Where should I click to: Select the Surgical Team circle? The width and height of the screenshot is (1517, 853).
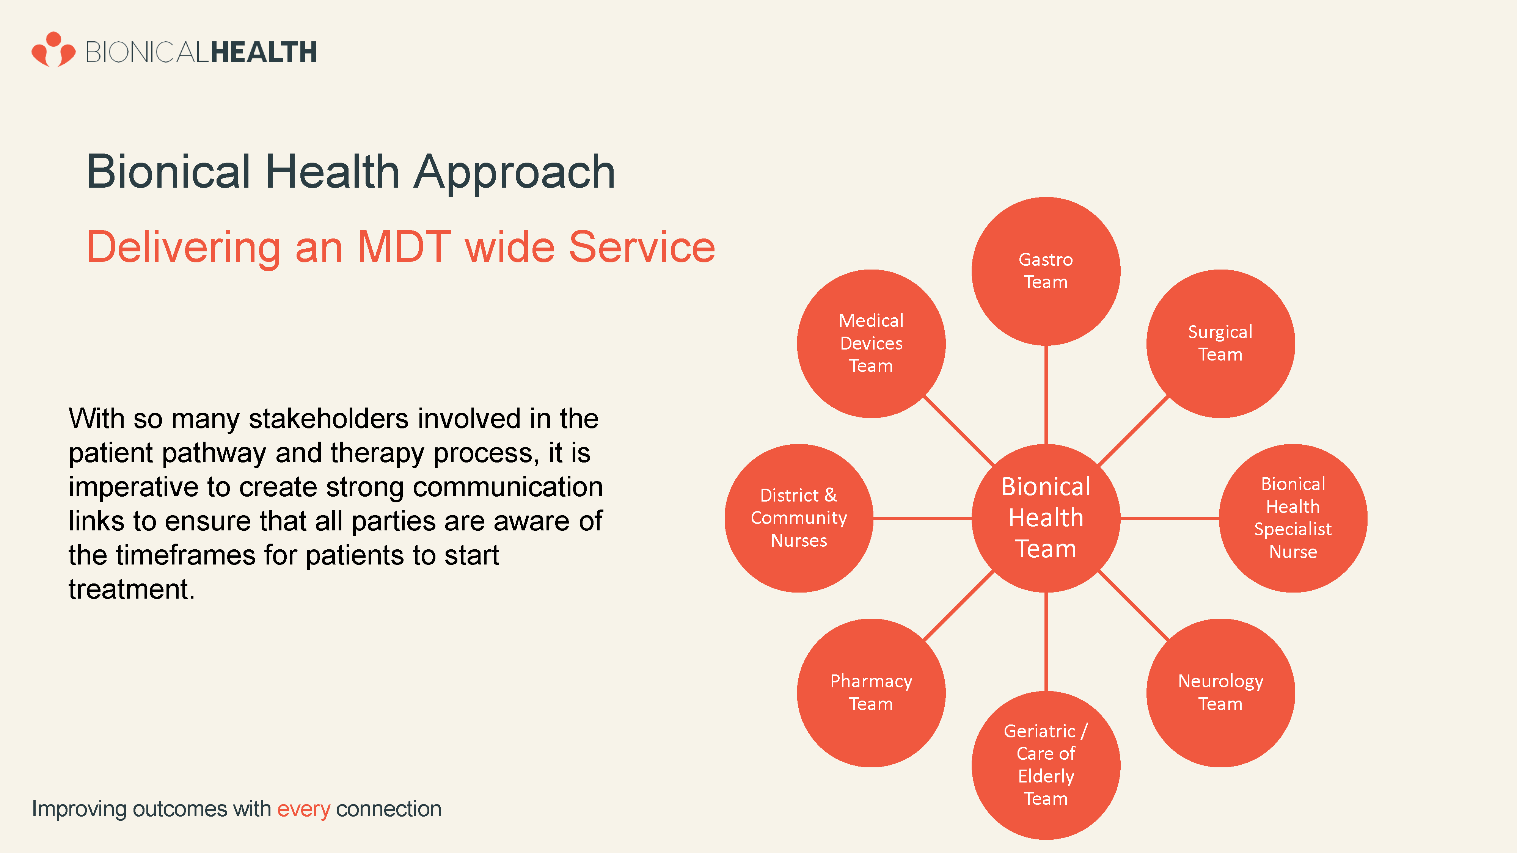point(1221,344)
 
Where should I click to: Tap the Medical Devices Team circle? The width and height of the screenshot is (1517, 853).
point(872,344)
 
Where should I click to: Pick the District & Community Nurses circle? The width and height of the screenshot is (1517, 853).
point(799,518)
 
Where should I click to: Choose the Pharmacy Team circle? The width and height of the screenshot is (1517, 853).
point(872,693)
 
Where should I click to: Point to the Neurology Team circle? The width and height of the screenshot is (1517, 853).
point(1221,693)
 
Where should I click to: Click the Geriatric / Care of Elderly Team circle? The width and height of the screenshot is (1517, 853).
point(1046,765)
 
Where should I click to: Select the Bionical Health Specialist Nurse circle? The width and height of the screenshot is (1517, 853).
point(1293,518)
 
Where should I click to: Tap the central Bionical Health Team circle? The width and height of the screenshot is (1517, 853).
point(1046,518)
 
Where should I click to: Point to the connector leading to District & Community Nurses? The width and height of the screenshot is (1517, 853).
point(923,518)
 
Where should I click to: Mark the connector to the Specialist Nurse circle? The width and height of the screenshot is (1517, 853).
point(1170,518)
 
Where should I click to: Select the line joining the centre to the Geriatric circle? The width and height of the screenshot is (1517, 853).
point(1046,642)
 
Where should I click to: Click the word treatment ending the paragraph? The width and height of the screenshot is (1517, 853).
point(131,589)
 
